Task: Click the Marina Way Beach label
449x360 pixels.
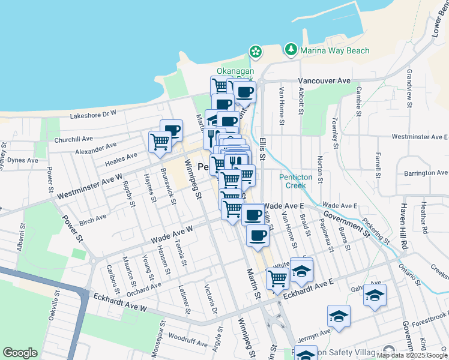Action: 335,50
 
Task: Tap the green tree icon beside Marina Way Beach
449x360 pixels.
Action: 292,49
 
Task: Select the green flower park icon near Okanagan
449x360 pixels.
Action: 256,52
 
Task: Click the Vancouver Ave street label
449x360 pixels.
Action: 324,80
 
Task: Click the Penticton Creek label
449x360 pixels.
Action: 293,181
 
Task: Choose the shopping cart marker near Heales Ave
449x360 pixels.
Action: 160,142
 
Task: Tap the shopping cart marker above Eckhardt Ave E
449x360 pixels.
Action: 277,278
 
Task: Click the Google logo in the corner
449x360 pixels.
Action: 19,353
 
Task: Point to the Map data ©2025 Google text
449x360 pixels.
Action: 412,355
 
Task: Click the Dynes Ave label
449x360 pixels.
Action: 22,161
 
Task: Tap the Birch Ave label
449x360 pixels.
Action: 92,218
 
